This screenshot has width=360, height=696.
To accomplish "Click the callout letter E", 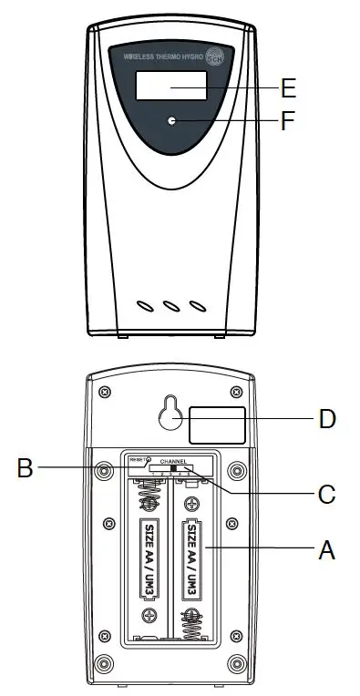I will [290, 88].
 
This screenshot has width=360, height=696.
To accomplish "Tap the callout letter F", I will [289, 120].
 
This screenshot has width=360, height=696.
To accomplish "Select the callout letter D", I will [327, 419].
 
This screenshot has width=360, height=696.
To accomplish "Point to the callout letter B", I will [26, 469].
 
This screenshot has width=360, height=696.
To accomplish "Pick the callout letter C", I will [327, 495].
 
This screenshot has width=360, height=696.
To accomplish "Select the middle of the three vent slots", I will [170, 307].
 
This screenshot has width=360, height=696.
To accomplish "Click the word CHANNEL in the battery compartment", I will [173, 463].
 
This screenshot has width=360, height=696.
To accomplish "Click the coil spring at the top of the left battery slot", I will [147, 496].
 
